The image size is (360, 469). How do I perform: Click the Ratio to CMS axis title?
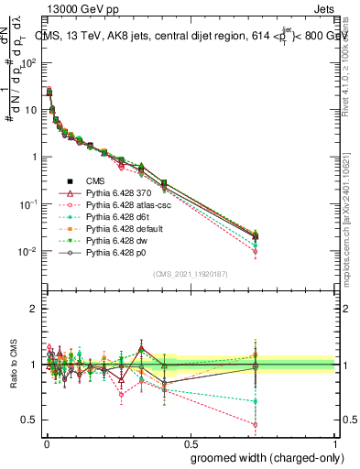coord(13,365)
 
